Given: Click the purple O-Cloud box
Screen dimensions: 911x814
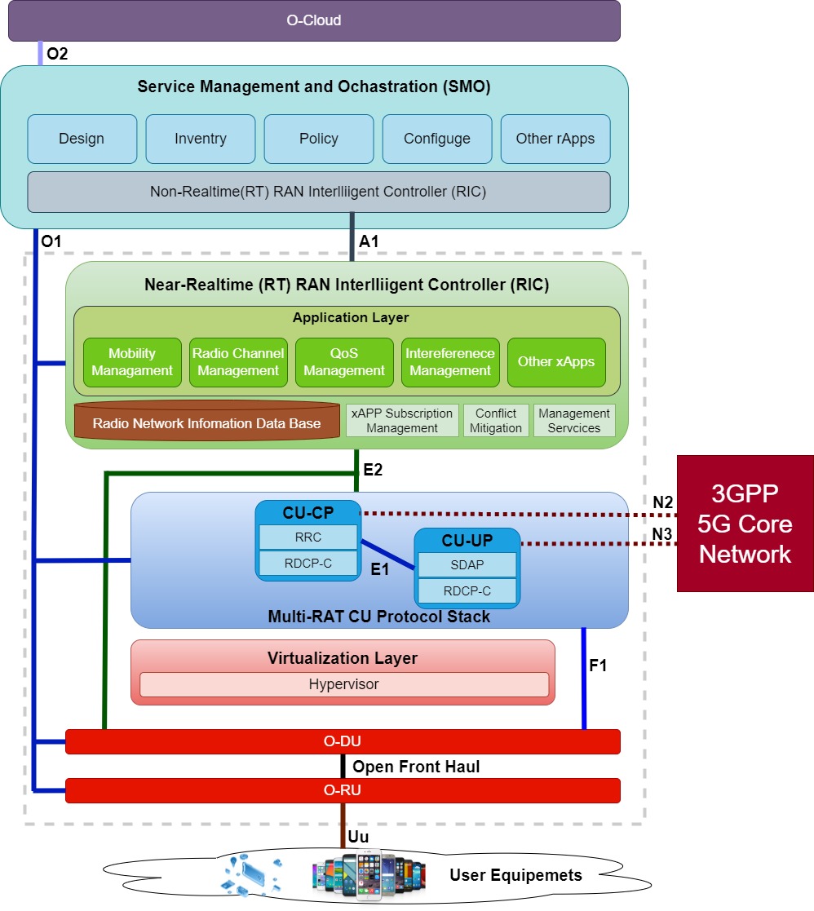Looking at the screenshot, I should [314, 20].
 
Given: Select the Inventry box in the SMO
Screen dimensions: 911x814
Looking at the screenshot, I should [201, 139].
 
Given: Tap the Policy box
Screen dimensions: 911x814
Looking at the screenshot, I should [319, 139].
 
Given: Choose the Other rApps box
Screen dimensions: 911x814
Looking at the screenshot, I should [555, 139].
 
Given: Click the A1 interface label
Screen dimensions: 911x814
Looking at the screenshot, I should [369, 241].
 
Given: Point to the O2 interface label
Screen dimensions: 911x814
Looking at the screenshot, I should [58, 55].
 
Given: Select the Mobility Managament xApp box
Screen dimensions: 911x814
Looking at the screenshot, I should [132, 362].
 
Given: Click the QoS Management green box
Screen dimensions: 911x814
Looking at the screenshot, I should [344, 362].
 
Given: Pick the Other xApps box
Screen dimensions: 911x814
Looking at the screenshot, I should [556, 362].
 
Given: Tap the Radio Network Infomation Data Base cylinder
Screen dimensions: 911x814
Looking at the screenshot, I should [206, 422].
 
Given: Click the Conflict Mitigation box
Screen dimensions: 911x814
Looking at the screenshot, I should [496, 421].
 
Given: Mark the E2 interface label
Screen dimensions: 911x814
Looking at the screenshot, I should [373, 470].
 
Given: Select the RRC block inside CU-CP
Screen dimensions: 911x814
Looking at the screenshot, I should [308, 537].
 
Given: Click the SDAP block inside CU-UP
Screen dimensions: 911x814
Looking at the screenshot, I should [467, 565].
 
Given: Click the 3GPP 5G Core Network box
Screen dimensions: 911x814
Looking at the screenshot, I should [745, 523].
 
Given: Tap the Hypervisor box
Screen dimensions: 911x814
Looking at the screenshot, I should [343, 684].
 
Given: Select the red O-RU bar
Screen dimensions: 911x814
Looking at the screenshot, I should [343, 790].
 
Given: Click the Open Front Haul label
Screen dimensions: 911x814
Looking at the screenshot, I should [416, 767].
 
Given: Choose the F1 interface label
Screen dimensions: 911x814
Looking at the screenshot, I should [598, 666].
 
